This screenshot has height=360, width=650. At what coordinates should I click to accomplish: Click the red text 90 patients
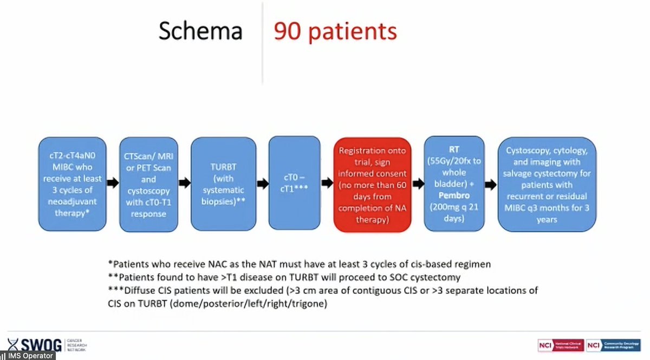point(335,32)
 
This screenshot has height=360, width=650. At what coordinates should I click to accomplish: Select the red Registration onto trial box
point(372,185)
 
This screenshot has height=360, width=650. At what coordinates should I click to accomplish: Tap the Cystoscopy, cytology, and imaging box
point(548,184)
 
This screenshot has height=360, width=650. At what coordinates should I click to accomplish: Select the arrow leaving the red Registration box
point(418,184)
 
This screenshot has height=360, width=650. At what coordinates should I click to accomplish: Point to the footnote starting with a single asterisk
point(301,264)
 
